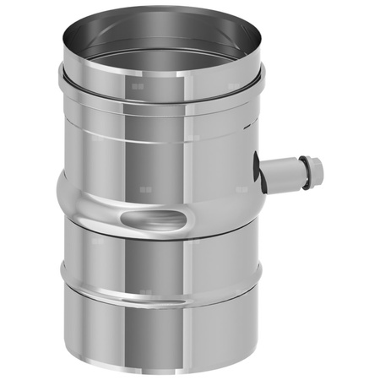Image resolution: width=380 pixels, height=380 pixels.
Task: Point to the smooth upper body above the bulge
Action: click(x=152, y=144)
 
